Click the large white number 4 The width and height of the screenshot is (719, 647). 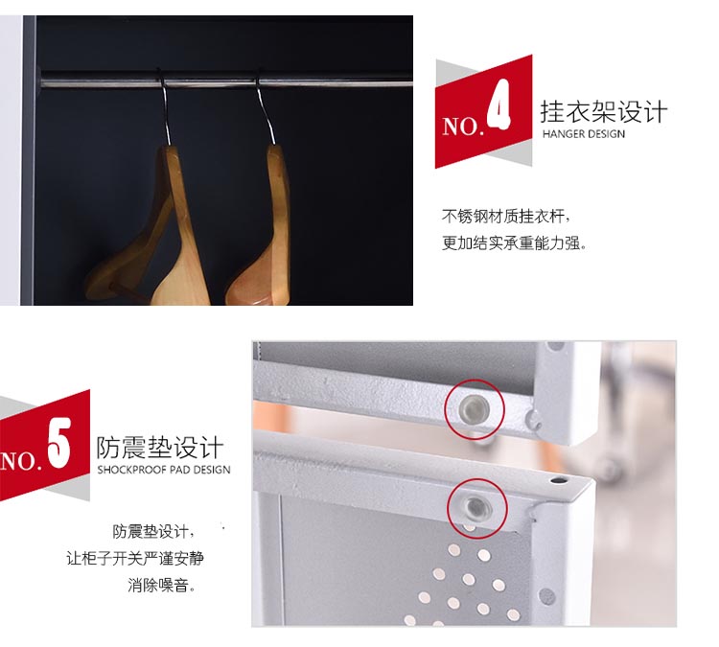499,104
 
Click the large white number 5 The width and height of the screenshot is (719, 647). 59,443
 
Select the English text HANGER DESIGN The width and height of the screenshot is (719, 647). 583,134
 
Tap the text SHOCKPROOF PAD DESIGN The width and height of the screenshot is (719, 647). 164,470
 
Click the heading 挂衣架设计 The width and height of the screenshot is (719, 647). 603,112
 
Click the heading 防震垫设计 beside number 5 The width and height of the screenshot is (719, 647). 160,448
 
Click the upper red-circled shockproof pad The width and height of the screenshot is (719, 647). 475,407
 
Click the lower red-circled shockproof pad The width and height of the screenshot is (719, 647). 476,507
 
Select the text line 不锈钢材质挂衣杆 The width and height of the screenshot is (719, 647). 506,216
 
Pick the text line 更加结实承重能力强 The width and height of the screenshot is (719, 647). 514,243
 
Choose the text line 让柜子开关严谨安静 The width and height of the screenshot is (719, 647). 135,558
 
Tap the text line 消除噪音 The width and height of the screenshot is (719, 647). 161,585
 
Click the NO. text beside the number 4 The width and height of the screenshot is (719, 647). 463,127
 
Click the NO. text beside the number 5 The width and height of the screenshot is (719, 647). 21,461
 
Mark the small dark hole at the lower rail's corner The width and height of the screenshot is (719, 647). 558,480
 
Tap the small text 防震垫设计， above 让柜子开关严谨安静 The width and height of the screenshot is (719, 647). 153,531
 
